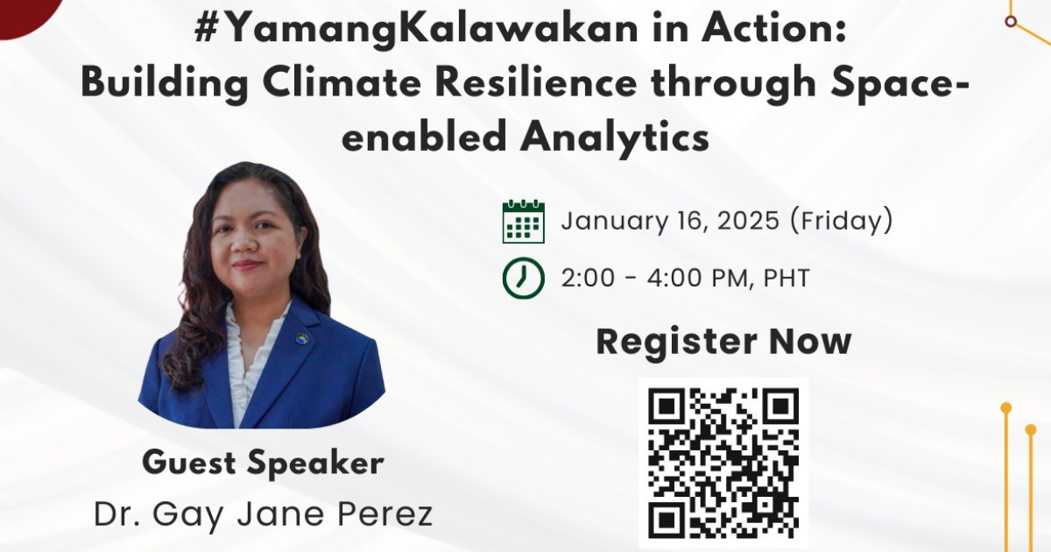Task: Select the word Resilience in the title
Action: pos(535,82)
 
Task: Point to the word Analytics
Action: pos(614,137)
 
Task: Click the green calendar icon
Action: pos(523,222)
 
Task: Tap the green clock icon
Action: pos(523,278)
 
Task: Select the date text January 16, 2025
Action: pos(670,221)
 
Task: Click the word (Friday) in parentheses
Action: pos(842,221)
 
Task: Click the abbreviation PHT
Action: pos(786,278)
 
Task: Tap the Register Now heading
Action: pos(723,342)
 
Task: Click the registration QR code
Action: pos(723,463)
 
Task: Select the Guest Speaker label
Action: pos(264,463)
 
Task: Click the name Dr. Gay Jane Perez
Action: pos(264,514)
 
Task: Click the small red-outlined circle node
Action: pos(1011,21)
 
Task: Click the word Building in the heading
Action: pos(165,83)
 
